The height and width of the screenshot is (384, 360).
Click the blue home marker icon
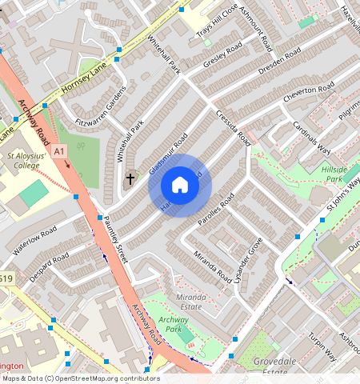[x=180, y=186]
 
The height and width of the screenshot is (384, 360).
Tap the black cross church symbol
[x=130, y=179]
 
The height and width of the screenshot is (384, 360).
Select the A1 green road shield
[x=60, y=150]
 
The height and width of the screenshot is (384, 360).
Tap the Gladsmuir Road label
[x=167, y=152]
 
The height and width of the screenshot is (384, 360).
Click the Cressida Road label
[x=233, y=128]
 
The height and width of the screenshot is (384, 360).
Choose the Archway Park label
[x=174, y=324]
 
